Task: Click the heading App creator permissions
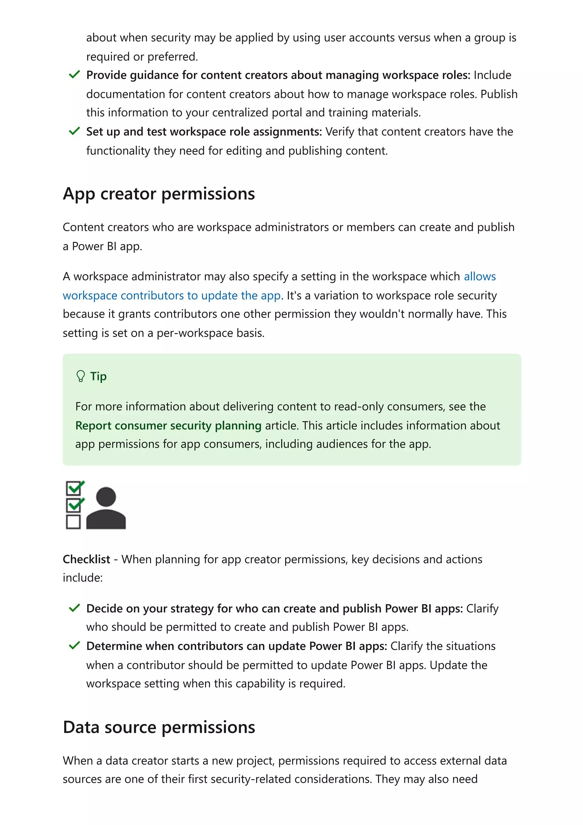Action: pyautogui.click(x=159, y=194)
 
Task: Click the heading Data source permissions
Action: pyautogui.click(x=159, y=728)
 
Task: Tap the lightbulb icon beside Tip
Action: pyautogui.click(x=81, y=376)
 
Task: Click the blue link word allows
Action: pyautogui.click(x=480, y=276)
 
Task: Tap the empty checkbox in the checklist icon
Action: pyautogui.click(x=73, y=522)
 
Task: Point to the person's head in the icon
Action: pyautogui.click(x=106, y=497)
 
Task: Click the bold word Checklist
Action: pyautogui.click(x=86, y=559)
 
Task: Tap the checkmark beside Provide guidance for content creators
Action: pyautogui.click(x=74, y=75)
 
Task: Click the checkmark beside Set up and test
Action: pyautogui.click(x=74, y=131)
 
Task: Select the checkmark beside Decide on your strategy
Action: pyautogui.click(x=74, y=608)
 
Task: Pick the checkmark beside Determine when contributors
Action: pyautogui.click(x=74, y=645)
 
